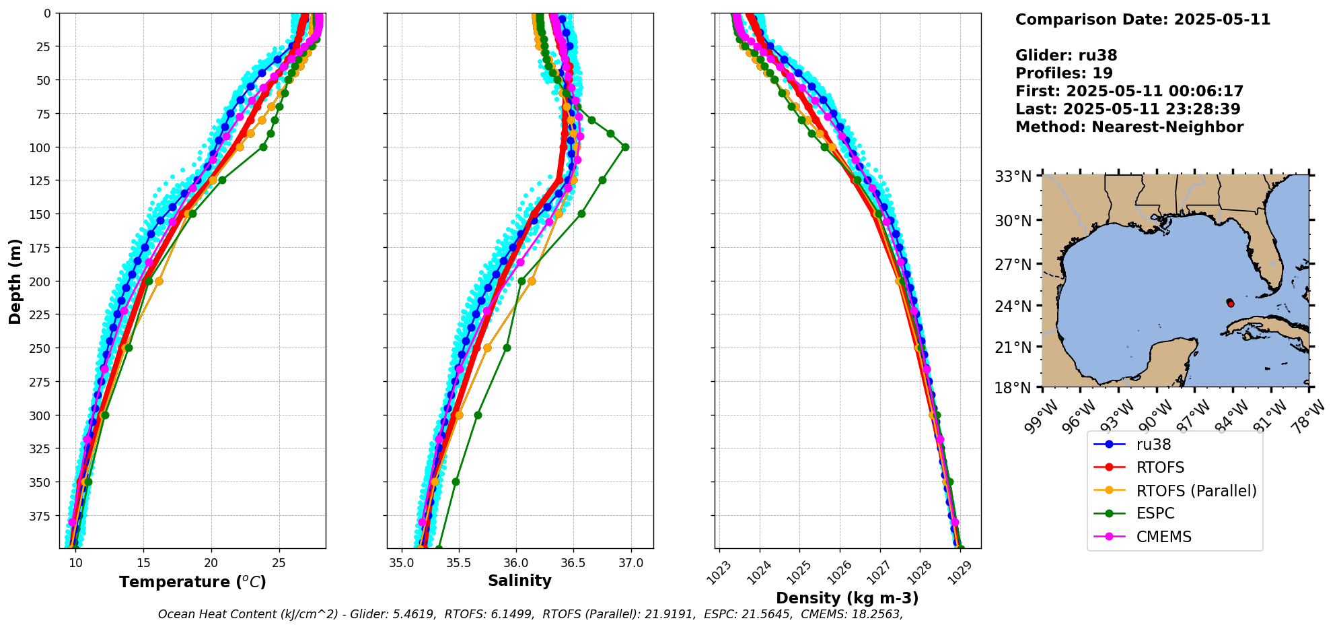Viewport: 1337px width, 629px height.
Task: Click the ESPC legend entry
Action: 1155,513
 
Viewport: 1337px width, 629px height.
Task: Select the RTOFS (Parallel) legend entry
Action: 1196,491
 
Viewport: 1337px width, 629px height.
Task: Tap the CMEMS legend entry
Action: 1163,537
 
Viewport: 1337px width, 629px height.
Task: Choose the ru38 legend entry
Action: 1153,444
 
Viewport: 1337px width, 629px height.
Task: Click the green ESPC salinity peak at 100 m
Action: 625,147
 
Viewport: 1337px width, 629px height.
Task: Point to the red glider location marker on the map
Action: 1231,304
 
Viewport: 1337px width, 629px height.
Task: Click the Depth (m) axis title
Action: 15,281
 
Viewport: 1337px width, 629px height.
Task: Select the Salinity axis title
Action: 519,581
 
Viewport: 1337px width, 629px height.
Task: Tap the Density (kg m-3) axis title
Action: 847,598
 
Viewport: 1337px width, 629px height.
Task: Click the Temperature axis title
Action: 192,582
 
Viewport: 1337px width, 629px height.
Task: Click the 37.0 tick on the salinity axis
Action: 630,563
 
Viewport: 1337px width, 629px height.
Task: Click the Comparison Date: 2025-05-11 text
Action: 1143,20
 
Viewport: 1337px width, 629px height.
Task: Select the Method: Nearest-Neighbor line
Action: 1129,127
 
